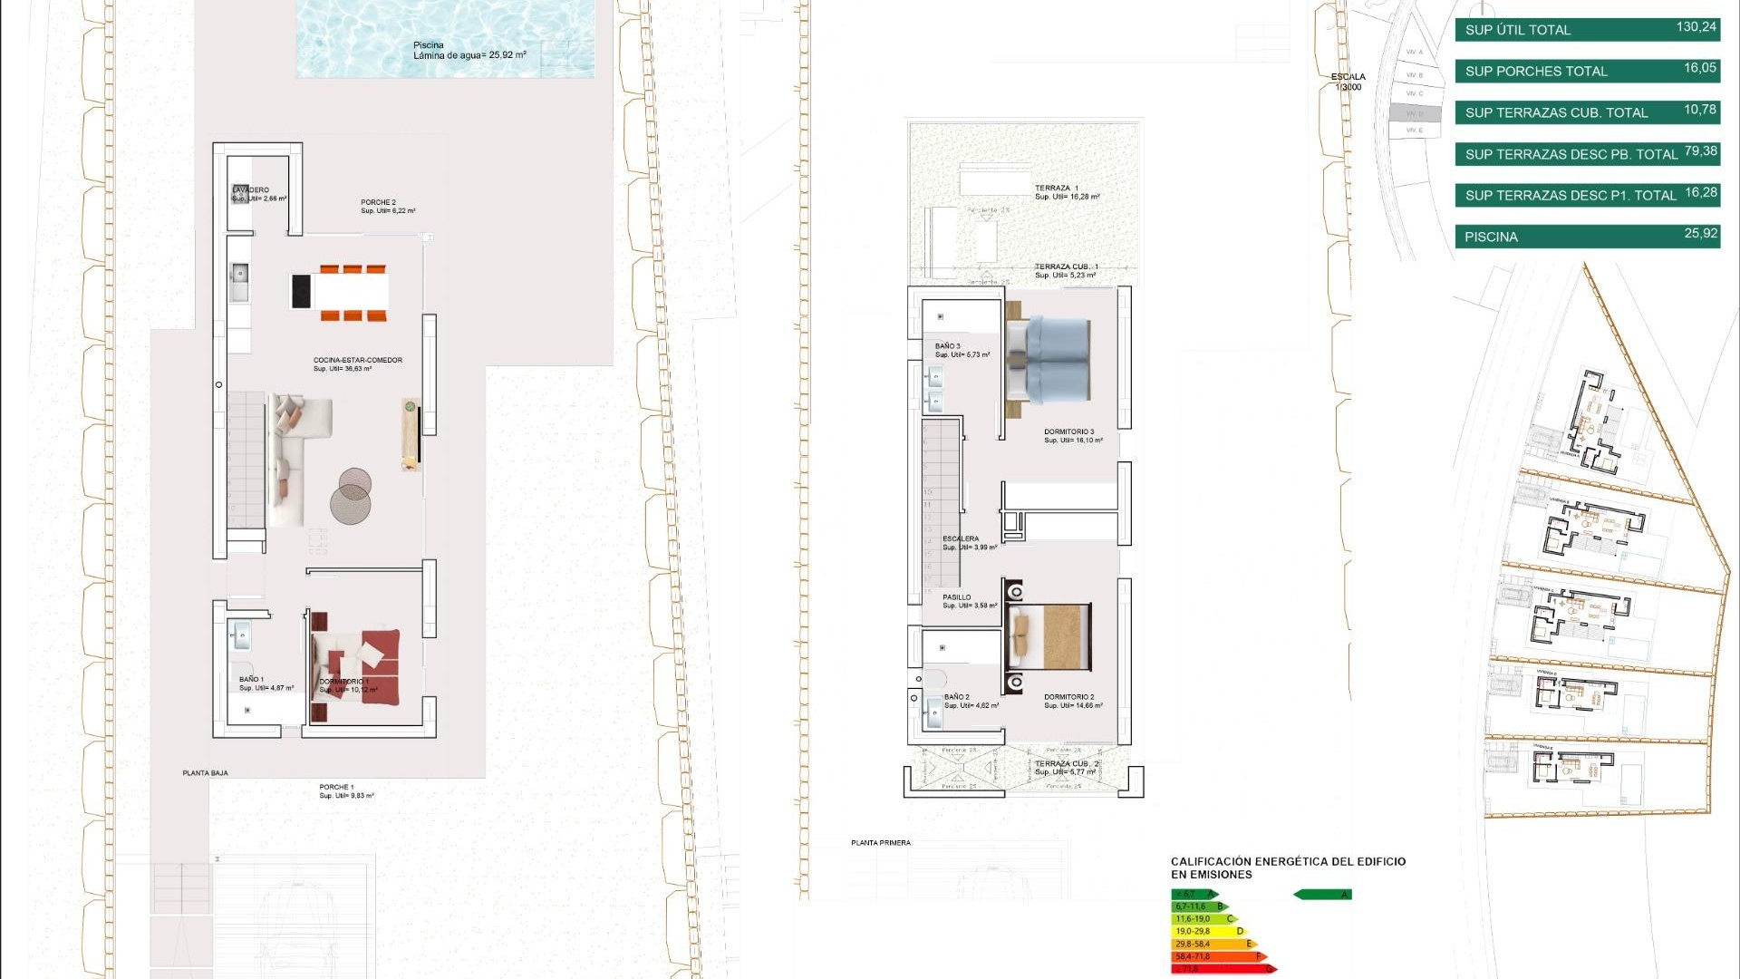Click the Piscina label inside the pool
[x=429, y=45]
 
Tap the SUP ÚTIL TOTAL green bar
[x=1587, y=30]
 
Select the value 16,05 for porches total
[x=1700, y=68]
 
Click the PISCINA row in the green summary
[x=1587, y=237]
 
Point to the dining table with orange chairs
[x=352, y=292]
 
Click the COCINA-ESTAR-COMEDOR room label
[x=358, y=361]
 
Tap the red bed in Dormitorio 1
[x=367, y=666]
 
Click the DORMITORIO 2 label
[x=1068, y=697]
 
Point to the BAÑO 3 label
[x=948, y=346]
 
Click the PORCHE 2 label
[x=378, y=202]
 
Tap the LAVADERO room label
[x=252, y=190]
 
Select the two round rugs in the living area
[x=351, y=496]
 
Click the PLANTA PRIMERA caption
[x=880, y=843]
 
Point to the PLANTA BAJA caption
[x=205, y=773]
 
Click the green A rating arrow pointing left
[x=1322, y=895]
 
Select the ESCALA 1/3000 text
[x=1348, y=82]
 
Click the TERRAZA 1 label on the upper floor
[x=1057, y=189]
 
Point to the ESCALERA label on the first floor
[x=960, y=538]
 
